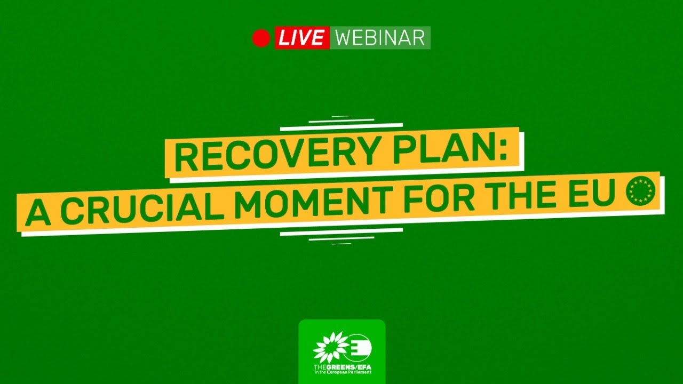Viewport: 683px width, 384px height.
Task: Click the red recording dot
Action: [x=261, y=38]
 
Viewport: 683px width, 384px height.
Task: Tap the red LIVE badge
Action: [x=302, y=38]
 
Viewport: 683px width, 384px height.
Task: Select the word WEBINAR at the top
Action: [x=380, y=38]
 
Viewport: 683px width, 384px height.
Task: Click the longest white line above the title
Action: [x=341, y=127]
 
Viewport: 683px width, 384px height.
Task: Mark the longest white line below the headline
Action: [x=341, y=232]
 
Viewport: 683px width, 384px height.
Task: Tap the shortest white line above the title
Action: [x=341, y=116]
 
